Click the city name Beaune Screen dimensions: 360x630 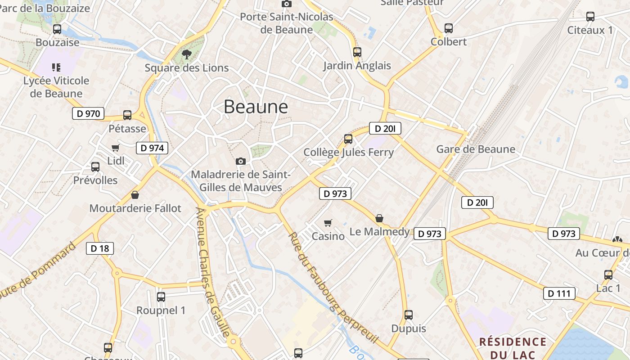click(256, 107)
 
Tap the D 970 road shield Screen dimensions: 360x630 click(88, 113)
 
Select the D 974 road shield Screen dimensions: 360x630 click(152, 148)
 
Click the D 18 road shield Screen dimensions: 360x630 click(100, 248)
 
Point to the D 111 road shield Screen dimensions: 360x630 click(559, 293)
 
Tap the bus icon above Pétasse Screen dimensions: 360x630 click(127, 115)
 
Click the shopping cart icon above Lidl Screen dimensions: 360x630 click(116, 148)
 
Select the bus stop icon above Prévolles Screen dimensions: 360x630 click(95, 167)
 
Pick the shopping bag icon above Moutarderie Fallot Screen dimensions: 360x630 click(135, 195)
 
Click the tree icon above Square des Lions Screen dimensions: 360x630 click(186, 54)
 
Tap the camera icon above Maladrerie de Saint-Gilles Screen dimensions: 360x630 click(241, 161)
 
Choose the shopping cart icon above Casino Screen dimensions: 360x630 click(328, 223)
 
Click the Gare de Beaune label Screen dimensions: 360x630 click(476, 149)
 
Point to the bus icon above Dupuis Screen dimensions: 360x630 click(409, 315)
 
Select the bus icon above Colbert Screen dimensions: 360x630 click(449, 28)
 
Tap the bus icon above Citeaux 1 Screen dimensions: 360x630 click(590, 17)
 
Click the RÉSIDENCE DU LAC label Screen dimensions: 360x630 click(513, 347)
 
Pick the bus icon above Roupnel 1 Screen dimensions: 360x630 click(161, 297)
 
